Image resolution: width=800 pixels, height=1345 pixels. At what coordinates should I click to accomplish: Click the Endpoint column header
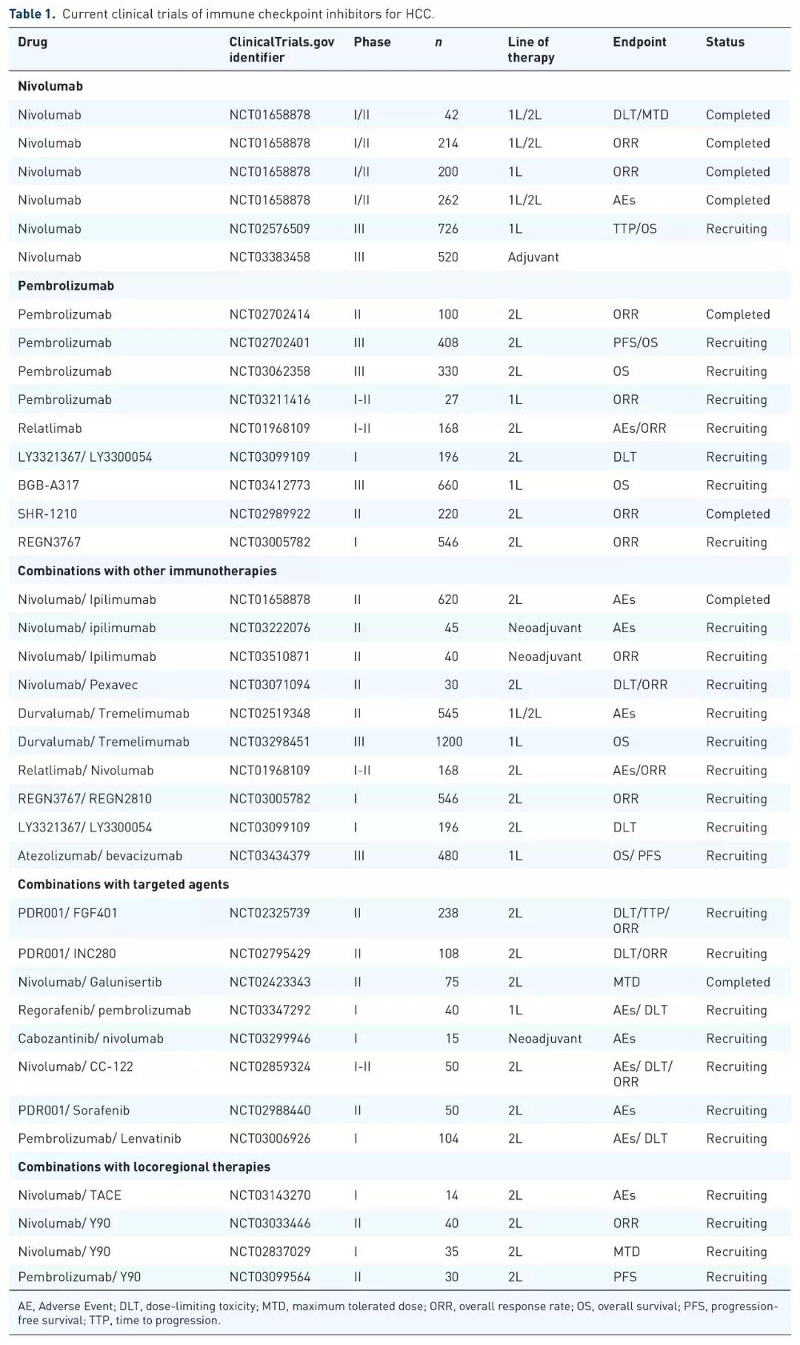click(x=639, y=42)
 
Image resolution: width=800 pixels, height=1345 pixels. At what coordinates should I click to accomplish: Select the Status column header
click(x=724, y=42)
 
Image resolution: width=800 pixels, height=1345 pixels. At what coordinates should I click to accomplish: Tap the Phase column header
click(x=372, y=42)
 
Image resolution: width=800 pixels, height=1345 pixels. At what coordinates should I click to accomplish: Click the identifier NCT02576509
click(x=270, y=229)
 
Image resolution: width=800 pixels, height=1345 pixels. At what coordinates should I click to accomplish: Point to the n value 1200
click(x=448, y=742)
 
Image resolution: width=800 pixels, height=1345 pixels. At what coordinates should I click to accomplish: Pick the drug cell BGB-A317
click(x=48, y=485)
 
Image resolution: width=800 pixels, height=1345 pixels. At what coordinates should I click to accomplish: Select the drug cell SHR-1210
click(x=47, y=514)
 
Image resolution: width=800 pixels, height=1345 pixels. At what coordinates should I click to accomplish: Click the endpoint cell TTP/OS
click(x=634, y=229)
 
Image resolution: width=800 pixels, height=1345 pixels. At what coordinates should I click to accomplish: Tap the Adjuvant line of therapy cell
click(x=533, y=257)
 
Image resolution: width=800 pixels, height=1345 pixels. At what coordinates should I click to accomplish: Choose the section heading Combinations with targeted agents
click(x=123, y=884)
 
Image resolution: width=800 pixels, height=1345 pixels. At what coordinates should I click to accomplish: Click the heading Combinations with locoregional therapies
click(x=144, y=1166)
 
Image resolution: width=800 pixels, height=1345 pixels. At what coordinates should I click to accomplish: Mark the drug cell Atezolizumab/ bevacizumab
click(x=100, y=856)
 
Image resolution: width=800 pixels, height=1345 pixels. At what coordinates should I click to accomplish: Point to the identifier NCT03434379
click(x=270, y=856)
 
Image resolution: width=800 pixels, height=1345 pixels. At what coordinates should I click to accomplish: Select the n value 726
click(x=447, y=229)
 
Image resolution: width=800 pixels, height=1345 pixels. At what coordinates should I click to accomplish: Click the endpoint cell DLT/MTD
click(x=640, y=115)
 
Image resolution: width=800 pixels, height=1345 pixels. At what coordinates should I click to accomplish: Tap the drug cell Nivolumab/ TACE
click(x=70, y=1195)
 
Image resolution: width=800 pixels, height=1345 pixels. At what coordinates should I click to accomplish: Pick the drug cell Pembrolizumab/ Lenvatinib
click(x=99, y=1138)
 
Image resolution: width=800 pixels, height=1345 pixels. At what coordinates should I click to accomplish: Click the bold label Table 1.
click(x=32, y=14)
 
